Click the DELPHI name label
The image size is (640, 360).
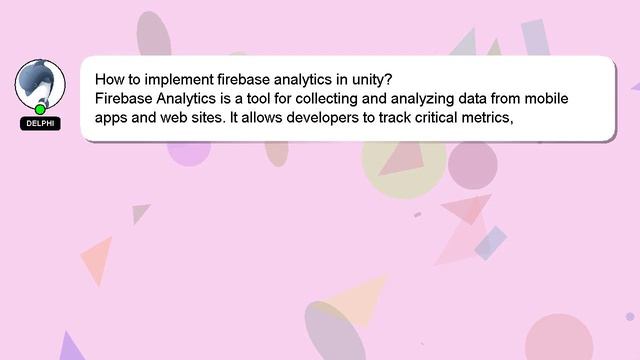click(40, 123)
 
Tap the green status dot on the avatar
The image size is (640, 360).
click(40, 108)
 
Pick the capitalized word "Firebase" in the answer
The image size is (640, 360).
click(125, 98)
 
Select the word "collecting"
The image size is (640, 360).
click(350, 98)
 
